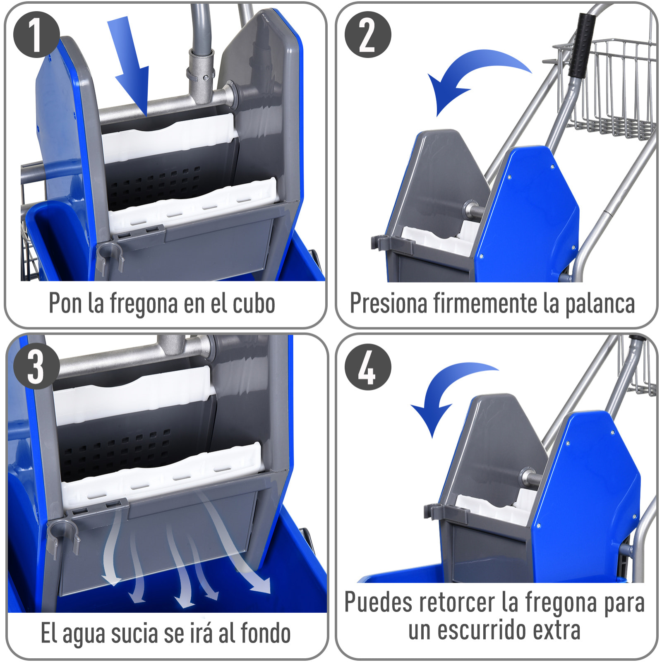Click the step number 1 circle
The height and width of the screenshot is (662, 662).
[x=36, y=34]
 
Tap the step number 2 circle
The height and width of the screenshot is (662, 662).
[x=367, y=34]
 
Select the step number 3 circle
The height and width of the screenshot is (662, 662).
[x=36, y=367]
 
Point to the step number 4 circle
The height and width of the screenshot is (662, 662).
[x=367, y=367]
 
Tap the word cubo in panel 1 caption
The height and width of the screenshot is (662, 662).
[x=254, y=304]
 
